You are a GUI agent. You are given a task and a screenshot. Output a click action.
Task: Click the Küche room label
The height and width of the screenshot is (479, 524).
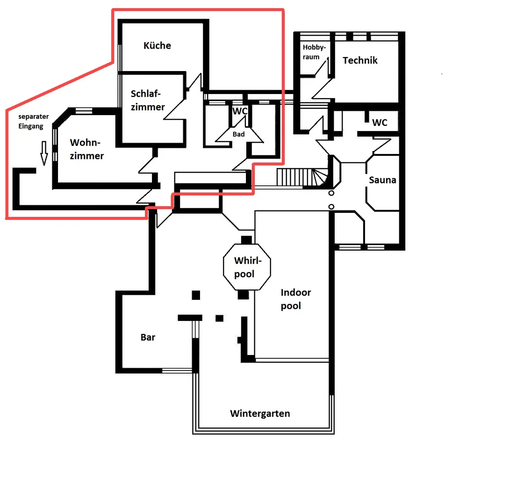[x=157, y=45]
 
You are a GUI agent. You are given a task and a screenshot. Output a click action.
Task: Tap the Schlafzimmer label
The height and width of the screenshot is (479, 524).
[x=148, y=100]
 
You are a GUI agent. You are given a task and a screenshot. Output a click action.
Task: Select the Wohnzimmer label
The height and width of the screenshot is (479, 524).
[x=86, y=149]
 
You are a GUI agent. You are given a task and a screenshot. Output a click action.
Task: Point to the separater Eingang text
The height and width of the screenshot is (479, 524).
[x=33, y=121]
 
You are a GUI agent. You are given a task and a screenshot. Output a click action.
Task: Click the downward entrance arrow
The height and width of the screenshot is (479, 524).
[x=44, y=153]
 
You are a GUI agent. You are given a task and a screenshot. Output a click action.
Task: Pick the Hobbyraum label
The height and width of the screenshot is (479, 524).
[x=314, y=52]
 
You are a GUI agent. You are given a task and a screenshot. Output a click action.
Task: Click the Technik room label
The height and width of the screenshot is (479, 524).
[x=360, y=60]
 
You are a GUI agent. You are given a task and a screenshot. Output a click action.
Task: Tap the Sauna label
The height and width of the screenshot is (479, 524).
[x=382, y=180]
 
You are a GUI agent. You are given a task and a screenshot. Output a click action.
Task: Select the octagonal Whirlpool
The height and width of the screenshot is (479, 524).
[x=247, y=267]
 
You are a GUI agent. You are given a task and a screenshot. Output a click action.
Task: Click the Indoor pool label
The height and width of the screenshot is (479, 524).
[x=296, y=299]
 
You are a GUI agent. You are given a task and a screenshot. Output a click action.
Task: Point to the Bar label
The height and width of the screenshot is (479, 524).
[x=148, y=337]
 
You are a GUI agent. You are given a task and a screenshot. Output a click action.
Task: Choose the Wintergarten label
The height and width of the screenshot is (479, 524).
[x=260, y=414]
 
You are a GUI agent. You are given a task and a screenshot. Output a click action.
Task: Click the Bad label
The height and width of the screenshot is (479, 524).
[x=238, y=134]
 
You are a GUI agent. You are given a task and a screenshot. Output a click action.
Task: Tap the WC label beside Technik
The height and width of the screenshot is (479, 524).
[x=380, y=123]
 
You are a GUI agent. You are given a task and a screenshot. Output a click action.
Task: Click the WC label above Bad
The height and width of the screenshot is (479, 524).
[x=240, y=111]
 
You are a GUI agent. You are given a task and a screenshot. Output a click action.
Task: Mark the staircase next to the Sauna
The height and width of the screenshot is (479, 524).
[x=302, y=177]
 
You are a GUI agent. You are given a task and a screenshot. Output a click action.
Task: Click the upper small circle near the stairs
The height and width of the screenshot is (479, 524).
[x=331, y=193]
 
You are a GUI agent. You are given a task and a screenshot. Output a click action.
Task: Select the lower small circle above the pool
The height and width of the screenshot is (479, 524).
[x=331, y=207]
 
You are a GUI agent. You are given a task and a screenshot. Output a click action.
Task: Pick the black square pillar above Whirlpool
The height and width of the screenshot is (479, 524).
[x=246, y=239]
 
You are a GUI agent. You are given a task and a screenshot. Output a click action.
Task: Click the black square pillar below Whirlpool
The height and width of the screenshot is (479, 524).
[x=243, y=295]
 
